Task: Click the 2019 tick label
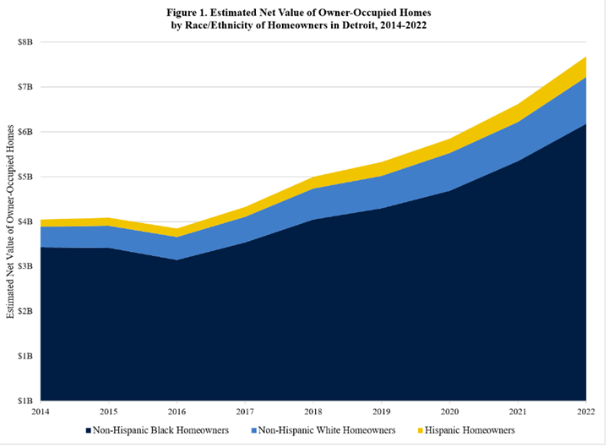[x=382, y=412]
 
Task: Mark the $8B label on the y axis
[x=25, y=42]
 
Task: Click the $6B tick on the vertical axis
[x=25, y=132]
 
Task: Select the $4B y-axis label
[x=25, y=221]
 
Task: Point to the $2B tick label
[x=25, y=311]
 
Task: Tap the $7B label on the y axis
[x=25, y=87]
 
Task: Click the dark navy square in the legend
[x=89, y=431]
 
